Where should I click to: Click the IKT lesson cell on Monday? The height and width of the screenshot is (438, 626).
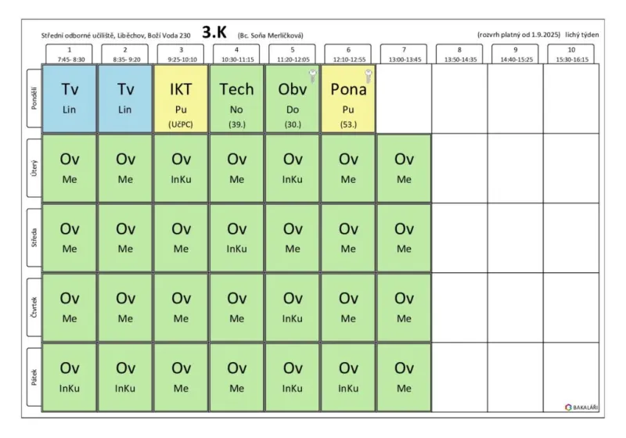click(181, 99)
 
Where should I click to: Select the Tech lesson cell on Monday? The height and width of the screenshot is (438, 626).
click(237, 99)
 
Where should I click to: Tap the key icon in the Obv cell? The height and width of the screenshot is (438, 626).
click(312, 75)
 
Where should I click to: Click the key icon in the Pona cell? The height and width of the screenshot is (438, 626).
click(369, 75)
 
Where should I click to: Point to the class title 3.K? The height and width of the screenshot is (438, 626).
click(214, 32)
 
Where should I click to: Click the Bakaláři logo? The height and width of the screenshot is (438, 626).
click(581, 407)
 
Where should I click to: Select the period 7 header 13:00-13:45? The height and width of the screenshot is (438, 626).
click(404, 54)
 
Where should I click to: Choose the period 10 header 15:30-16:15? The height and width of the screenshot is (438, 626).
click(571, 54)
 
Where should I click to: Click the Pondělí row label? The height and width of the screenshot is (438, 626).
click(34, 98)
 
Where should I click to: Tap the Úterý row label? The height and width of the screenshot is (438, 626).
click(34, 168)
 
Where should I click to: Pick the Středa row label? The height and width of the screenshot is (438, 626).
click(34, 237)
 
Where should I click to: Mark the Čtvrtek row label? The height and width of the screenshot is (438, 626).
click(34, 307)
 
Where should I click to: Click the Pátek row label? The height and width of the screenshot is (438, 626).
click(34, 377)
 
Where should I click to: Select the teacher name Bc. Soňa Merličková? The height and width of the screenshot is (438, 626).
click(270, 35)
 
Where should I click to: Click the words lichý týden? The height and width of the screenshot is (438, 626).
click(581, 34)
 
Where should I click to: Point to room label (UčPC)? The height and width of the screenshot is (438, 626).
click(181, 124)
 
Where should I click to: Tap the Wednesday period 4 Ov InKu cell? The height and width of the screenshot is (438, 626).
click(237, 238)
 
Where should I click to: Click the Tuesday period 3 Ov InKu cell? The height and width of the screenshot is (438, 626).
click(181, 168)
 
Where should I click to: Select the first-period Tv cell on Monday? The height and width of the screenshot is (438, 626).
click(69, 99)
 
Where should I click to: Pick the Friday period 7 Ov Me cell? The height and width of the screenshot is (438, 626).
click(404, 377)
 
